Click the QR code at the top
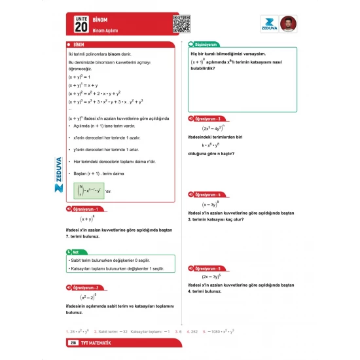point(181,24)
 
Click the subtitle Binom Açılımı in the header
point(107,31)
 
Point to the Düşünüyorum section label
point(205,45)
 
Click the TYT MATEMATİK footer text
point(96,343)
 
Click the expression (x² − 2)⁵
point(88,297)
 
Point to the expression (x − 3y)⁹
point(209,204)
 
